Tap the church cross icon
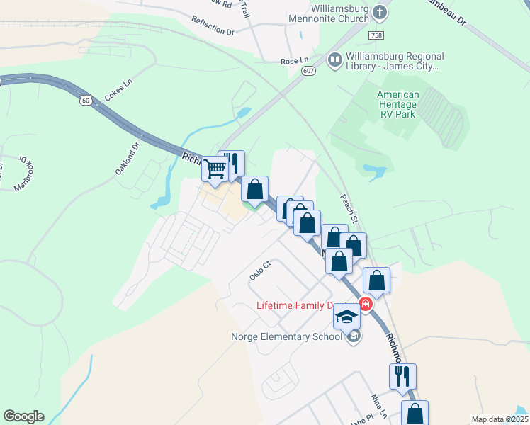(x=380, y=11)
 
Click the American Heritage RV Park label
(x=397, y=104)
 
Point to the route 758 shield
(x=376, y=35)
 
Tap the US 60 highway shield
(x=85, y=101)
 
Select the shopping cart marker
(x=214, y=169)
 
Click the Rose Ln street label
(x=295, y=61)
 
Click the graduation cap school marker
(x=346, y=317)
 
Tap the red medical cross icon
(x=366, y=305)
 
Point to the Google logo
(x=23, y=416)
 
